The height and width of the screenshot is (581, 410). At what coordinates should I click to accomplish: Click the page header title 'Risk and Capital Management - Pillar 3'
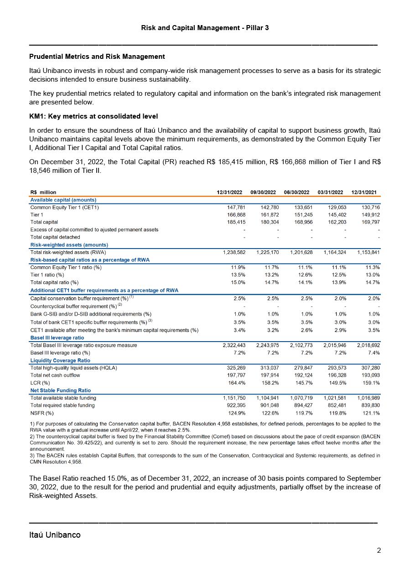coord(205,28)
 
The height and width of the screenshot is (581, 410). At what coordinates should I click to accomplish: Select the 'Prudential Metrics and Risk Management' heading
coord(97,57)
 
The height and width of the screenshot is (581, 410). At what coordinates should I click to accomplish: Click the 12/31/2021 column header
coord(364,192)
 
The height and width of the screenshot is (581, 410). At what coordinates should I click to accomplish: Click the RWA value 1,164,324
coord(330,252)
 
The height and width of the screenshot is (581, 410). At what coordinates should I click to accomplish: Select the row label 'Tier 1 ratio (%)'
coord(47,275)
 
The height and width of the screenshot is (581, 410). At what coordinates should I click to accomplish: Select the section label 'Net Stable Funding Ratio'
coord(60,390)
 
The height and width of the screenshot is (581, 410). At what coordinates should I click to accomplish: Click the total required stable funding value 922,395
coord(236,405)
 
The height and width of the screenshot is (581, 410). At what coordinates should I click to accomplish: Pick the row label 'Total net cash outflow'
coord(55,375)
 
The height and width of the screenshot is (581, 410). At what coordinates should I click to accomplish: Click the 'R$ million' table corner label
coord(43,192)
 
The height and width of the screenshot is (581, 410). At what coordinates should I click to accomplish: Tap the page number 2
coord(379,550)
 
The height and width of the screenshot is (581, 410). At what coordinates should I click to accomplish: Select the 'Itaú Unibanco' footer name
coord(55,535)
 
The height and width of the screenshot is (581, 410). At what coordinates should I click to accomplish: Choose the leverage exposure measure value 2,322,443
coord(232,345)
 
